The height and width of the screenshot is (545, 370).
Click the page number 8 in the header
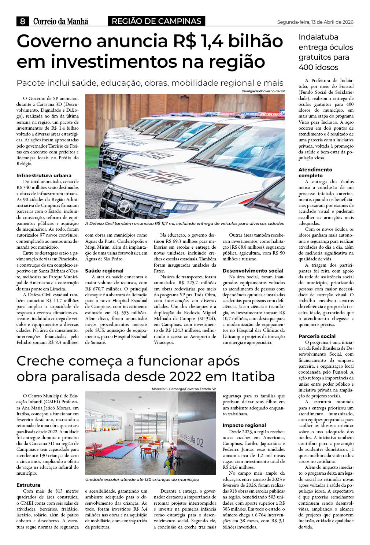[x=22, y=21]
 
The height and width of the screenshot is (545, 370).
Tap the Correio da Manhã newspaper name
[x=60, y=21]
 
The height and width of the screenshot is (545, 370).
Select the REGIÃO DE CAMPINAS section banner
[x=156, y=21]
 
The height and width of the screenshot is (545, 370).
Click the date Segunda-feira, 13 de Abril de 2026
[x=315, y=22]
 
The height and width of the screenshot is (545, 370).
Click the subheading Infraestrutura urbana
[x=44, y=175]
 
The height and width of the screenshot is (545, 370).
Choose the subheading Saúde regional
[x=104, y=271]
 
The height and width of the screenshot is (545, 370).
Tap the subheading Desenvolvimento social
[x=253, y=271]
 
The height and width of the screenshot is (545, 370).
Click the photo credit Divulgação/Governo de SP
[x=263, y=91]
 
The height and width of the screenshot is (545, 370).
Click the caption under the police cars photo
[x=184, y=223]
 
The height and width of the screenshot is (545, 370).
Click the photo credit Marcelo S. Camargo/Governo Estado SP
[x=184, y=389]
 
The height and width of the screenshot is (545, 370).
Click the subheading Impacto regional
[x=244, y=425]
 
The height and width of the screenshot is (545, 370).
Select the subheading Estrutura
[x=28, y=485]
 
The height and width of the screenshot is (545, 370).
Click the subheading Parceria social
[x=317, y=336]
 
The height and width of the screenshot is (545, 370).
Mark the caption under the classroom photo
[x=142, y=479]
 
